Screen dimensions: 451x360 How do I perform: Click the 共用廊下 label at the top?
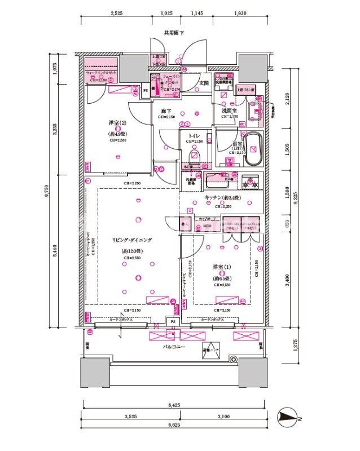(174, 33)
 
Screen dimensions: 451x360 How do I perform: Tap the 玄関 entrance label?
(204, 83)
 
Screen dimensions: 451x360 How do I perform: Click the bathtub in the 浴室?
(253, 148)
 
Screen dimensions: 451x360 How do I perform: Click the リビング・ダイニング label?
(132, 240)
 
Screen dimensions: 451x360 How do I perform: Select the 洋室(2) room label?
(117, 122)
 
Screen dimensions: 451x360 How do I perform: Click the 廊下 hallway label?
(166, 111)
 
